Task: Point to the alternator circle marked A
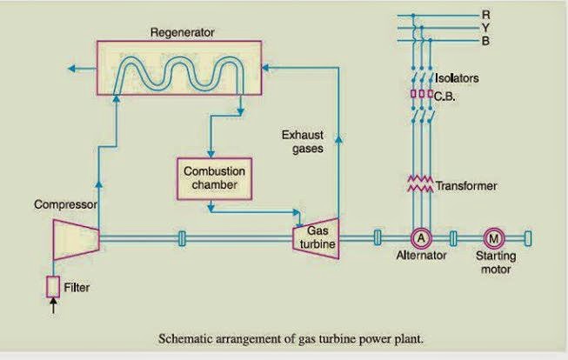click(419, 237)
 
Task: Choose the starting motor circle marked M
click(493, 237)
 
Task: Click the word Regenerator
click(181, 33)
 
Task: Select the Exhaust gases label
click(302, 142)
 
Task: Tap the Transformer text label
click(466, 186)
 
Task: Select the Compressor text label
click(63, 205)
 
